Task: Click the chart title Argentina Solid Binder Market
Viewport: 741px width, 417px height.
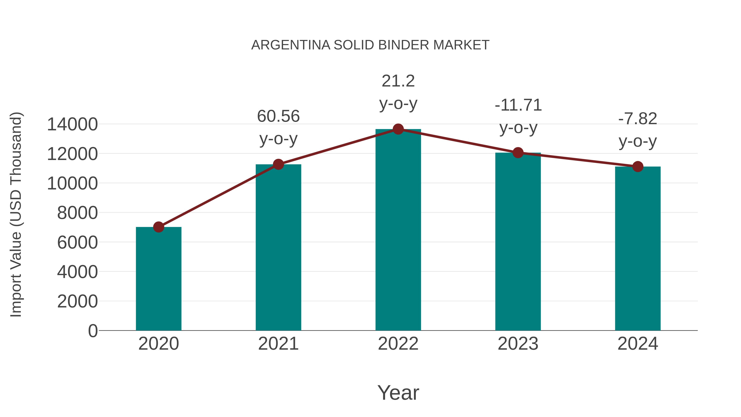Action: tap(370, 45)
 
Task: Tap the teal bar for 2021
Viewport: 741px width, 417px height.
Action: tap(278, 248)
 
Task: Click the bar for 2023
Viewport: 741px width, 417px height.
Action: tap(518, 242)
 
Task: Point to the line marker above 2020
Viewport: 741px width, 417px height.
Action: tap(158, 227)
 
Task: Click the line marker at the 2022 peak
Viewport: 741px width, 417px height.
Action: tap(398, 129)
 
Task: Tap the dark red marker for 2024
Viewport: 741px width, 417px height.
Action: tap(638, 166)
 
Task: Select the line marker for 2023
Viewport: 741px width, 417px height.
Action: tap(518, 153)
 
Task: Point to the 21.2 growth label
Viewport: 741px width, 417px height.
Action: tap(398, 92)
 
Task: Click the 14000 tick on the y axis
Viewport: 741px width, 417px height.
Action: tap(72, 124)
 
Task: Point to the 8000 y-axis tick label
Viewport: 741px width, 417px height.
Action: tap(77, 213)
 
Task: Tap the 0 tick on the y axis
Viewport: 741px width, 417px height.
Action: tap(93, 331)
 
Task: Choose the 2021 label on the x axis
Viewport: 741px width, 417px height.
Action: tap(278, 344)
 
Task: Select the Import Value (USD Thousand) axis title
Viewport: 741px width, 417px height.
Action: tap(16, 214)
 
